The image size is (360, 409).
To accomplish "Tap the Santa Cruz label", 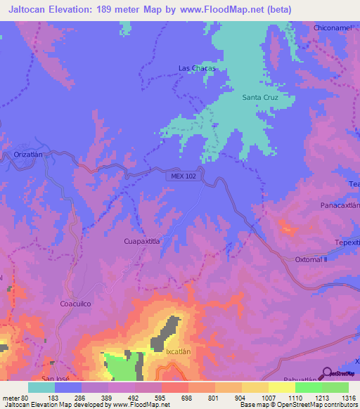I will pyautogui.click(x=261, y=97).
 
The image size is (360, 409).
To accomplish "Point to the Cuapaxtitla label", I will pyautogui.click(x=142, y=241).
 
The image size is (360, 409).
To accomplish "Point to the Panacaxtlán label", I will pyautogui.click(x=340, y=207).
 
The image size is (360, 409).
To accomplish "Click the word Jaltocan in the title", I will pyautogui.click(x=28, y=10).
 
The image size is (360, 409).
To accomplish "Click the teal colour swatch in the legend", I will pyautogui.click(x=41, y=387).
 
